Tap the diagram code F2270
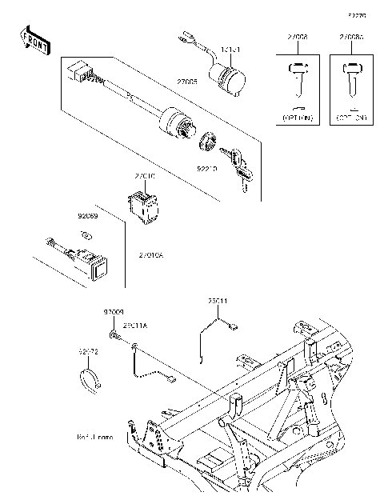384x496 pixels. (356, 15)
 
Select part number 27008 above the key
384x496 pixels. (297, 38)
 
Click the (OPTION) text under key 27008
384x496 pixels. (297, 118)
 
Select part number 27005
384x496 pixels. (188, 81)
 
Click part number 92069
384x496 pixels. (87, 215)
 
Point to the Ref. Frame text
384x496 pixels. (95, 438)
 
